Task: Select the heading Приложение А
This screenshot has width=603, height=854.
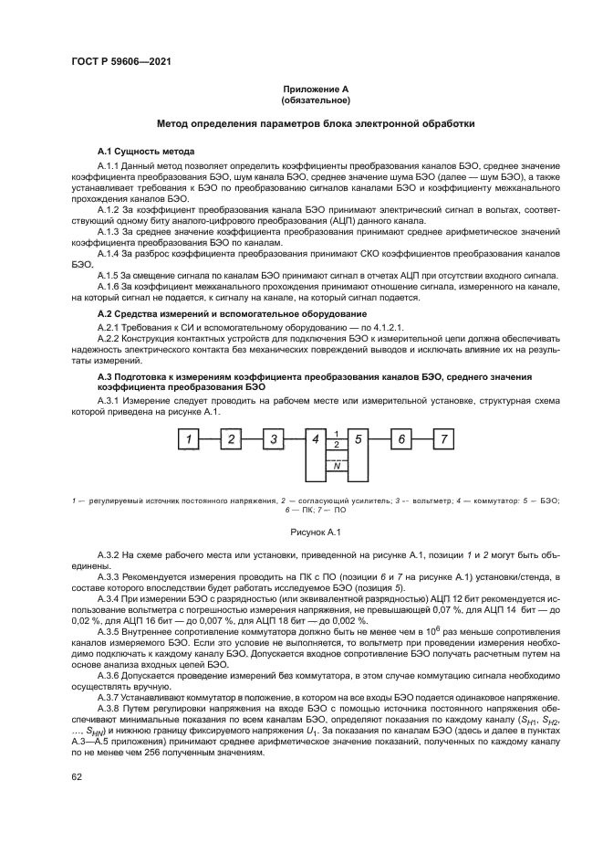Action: coord(316,89)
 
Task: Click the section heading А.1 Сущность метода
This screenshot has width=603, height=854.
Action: coord(145,150)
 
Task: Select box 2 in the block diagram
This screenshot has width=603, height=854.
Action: coord(231,440)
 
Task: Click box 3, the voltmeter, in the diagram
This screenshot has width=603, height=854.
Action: coord(274,440)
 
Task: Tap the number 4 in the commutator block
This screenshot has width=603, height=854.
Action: coord(316,440)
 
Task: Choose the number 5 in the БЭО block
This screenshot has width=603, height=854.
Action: coord(359,440)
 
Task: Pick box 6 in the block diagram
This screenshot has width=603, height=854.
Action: coord(401,440)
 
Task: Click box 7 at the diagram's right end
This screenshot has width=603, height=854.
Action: coord(444,440)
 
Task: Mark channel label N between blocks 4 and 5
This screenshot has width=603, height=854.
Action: coord(338,466)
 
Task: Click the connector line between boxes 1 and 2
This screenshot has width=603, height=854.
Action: coord(209,440)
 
